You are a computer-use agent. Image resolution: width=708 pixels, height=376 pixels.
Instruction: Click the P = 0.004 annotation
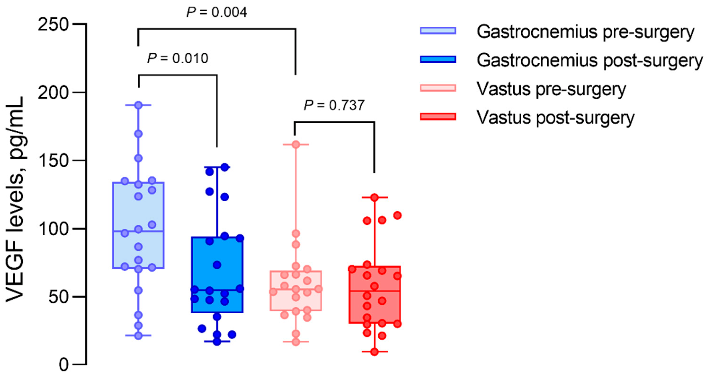(217, 12)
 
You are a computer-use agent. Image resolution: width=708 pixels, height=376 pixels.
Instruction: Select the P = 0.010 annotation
(177, 58)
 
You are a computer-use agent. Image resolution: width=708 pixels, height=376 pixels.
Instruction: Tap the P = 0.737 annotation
(334, 105)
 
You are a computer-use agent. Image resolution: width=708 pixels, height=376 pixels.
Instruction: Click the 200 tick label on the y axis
(53, 93)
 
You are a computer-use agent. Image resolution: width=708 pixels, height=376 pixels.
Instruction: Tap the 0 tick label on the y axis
(64, 365)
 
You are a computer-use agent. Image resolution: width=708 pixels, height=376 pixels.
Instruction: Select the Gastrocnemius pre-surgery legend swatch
(438, 31)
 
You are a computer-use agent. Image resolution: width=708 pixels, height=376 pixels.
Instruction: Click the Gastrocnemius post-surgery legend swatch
(438, 59)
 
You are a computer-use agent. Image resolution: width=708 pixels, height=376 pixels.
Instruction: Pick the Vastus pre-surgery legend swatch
(438, 88)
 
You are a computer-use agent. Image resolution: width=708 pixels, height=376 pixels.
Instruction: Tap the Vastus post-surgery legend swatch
(438, 117)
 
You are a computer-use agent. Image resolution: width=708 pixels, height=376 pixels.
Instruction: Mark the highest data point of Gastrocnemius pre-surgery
(138, 105)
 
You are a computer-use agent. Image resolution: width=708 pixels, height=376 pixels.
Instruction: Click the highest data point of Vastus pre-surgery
(296, 144)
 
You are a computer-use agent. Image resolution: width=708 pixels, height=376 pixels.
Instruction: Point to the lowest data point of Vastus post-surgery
(374, 352)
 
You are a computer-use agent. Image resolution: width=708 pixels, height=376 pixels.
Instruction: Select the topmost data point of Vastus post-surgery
(374, 197)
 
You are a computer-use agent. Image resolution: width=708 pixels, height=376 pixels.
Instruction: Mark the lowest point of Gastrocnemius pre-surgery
(138, 335)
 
